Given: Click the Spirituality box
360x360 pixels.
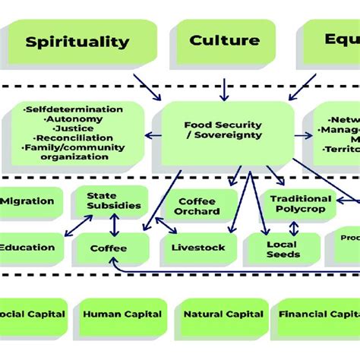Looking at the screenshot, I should pos(77,42).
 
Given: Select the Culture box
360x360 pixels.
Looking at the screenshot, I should pos(224,41).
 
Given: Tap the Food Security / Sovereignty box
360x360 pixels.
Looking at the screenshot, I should pos(223,130).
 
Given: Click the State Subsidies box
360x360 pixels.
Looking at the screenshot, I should pos(113,201).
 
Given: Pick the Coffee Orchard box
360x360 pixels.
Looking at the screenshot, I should pos(198,206).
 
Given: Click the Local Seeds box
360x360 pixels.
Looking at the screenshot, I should pos(282,249).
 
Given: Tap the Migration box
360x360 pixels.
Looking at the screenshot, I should pos(28,201).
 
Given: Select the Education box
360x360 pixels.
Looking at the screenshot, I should pos(28,247).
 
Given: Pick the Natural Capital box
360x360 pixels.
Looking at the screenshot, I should pos(223,314).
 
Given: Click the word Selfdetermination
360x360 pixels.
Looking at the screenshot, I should pos(74,110).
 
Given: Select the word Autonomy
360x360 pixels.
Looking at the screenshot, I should pos(75,119).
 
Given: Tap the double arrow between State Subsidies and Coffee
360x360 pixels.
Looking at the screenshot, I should pos(114,225).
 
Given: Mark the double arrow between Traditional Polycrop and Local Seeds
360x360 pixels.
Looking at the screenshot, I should pos(293,228).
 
